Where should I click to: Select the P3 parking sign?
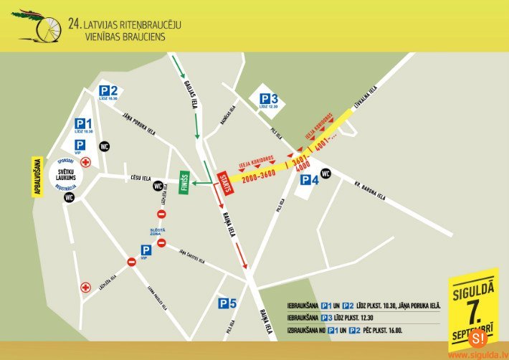click(x=268, y=100)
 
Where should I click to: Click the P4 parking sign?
click(x=309, y=180)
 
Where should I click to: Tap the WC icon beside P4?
click(x=326, y=173)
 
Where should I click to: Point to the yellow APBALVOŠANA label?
click(x=32, y=178)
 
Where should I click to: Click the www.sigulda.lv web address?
click(x=476, y=354)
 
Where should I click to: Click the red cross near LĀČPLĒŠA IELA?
click(x=86, y=288)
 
